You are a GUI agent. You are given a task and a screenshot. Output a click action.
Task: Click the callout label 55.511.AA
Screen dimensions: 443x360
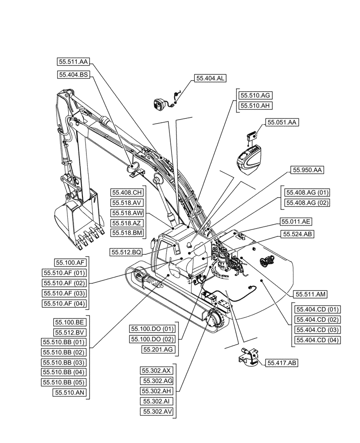[x=73, y=62]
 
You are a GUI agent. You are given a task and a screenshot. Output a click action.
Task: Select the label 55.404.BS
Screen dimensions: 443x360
[x=73, y=75]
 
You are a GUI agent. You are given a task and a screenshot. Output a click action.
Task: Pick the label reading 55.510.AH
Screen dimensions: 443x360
[x=255, y=105]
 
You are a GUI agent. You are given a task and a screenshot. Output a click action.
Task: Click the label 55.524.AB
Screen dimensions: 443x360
[x=297, y=233]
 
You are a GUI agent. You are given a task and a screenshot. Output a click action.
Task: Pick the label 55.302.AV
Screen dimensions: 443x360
[x=157, y=412]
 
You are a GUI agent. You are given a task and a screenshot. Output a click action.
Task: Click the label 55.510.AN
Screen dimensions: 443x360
[x=70, y=392]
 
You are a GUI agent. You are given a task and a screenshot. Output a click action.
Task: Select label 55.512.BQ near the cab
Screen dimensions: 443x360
[x=126, y=252]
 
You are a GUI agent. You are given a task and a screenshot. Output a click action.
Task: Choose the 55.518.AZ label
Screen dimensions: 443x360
[x=127, y=222]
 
